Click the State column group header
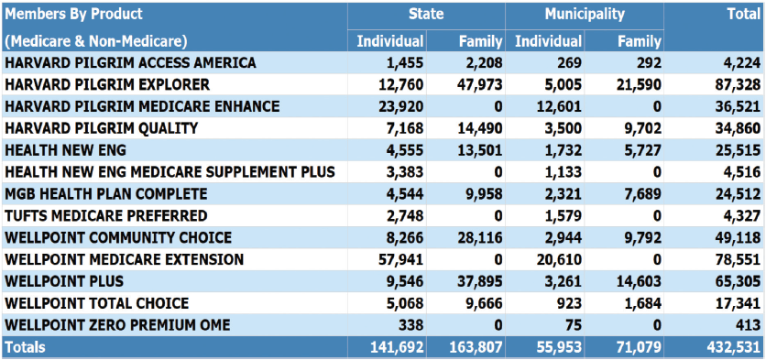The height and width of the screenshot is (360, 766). point(426,14)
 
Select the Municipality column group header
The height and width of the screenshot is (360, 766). point(585,14)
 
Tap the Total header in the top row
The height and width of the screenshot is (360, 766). point(744,14)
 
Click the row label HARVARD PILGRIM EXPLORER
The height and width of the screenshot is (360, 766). point(107,84)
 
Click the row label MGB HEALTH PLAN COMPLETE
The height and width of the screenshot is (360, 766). point(105,194)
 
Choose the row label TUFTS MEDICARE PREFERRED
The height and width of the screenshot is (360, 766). point(105,215)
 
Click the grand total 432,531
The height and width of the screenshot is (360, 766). point(734,347)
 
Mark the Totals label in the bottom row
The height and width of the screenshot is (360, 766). point(25,347)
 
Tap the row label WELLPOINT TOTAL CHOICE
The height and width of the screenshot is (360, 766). point(96,303)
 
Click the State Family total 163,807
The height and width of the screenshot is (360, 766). point(475,347)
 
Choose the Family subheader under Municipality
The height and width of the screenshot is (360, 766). point(639,41)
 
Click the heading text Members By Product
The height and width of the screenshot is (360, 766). point(73,14)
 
